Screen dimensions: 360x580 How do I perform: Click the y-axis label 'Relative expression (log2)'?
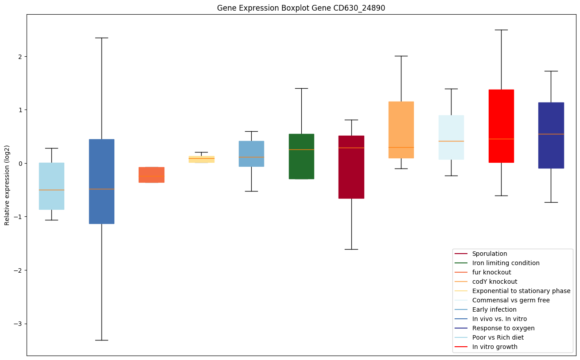pyautogui.click(x=7, y=185)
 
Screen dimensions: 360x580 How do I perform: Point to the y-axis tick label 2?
pyautogui.click(x=20, y=57)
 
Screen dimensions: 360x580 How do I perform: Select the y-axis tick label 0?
pyautogui.click(x=20, y=164)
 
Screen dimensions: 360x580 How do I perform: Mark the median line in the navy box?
pyautogui.click(x=551, y=134)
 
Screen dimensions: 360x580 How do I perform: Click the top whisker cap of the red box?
pyautogui.click(x=501, y=30)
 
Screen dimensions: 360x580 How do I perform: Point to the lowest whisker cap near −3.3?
pyautogui.click(x=101, y=340)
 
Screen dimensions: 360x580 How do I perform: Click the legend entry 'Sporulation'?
pyautogui.click(x=490, y=254)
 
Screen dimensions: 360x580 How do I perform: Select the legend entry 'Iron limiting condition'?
pyautogui.click(x=506, y=263)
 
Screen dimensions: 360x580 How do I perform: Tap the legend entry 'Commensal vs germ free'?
pyautogui.click(x=511, y=300)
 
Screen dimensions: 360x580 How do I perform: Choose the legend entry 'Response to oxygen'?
pyautogui.click(x=503, y=328)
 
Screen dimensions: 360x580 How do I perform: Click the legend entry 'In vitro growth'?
pyautogui.click(x=494, y=347)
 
